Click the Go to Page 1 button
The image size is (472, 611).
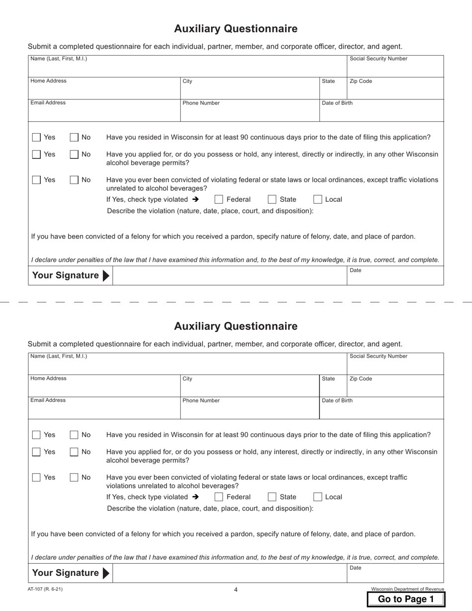(406, 599)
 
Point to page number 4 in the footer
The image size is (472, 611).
(236, 590)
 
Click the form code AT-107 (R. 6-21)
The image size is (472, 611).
(45, 589)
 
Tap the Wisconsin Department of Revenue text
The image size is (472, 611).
(407, 589)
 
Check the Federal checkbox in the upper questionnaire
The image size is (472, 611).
(219, 200)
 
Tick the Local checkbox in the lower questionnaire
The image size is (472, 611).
(317, 497)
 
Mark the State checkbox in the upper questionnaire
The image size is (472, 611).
(272, 200)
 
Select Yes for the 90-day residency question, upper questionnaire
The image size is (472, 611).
(36, 138)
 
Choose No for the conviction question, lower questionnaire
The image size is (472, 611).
(74, 477)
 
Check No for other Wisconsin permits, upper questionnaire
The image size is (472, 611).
(74, 154)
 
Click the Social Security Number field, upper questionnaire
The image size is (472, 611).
(395, 68)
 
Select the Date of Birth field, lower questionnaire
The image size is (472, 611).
(381, 410)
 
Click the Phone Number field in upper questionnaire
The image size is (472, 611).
(249, 113)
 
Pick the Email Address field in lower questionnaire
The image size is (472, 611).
(104, 410)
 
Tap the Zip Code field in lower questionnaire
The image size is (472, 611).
(395, 388)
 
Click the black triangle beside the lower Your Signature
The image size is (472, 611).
(105, 573)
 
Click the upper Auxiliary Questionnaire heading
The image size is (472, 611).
(236, 29)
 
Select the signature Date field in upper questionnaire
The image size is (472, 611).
(395, 278)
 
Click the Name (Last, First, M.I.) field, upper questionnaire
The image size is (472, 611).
(187, 68)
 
